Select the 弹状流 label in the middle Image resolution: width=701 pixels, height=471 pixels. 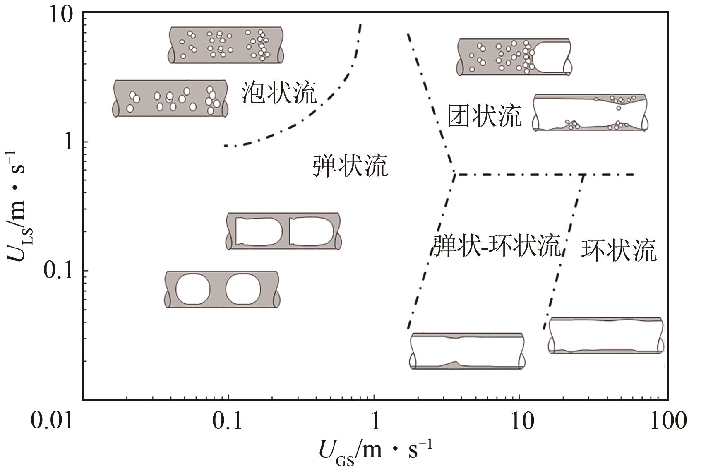[350, 166]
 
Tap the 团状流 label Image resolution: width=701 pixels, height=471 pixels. [484, 115]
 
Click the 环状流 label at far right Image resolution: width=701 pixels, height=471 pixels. [619, 250]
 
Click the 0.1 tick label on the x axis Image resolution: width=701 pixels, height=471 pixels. [227, 421]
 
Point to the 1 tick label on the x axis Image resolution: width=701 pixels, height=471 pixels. [375, 421]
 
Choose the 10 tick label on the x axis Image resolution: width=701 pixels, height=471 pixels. [520, 421]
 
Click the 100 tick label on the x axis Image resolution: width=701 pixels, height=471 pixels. [665, 421]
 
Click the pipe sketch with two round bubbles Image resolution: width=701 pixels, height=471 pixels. [222, 289]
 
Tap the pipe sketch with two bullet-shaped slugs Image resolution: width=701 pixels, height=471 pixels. [284, 231]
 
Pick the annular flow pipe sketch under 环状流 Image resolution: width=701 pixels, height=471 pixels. [606, 336]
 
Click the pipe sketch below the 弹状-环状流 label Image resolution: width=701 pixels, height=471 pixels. [467, 351]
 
